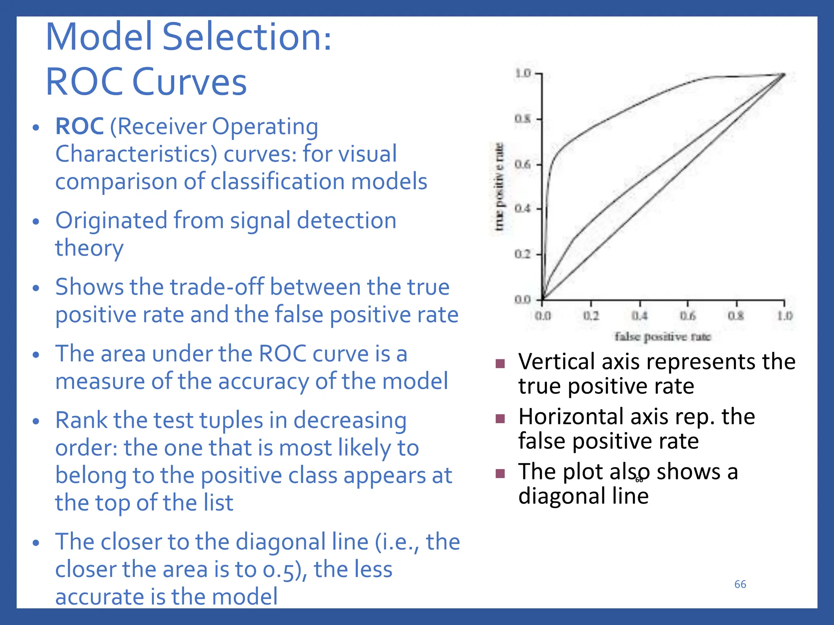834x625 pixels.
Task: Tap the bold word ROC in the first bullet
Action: click(79, 126)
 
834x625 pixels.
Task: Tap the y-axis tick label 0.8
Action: click(523, 119)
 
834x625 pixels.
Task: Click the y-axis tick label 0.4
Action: click(523, 209)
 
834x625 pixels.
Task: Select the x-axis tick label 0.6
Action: click(688, 316)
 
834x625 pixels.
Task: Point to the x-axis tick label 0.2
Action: click(591, 316)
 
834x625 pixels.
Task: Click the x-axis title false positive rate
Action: click(663, 337)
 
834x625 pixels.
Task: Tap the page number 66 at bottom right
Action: click(740, 584)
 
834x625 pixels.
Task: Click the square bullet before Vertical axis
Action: click(500, 363)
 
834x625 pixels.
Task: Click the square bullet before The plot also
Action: click(500, 473)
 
